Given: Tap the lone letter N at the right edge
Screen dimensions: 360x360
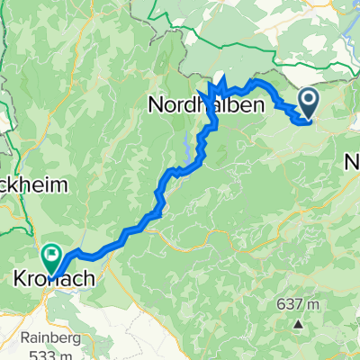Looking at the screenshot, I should [x=352, y=163].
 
